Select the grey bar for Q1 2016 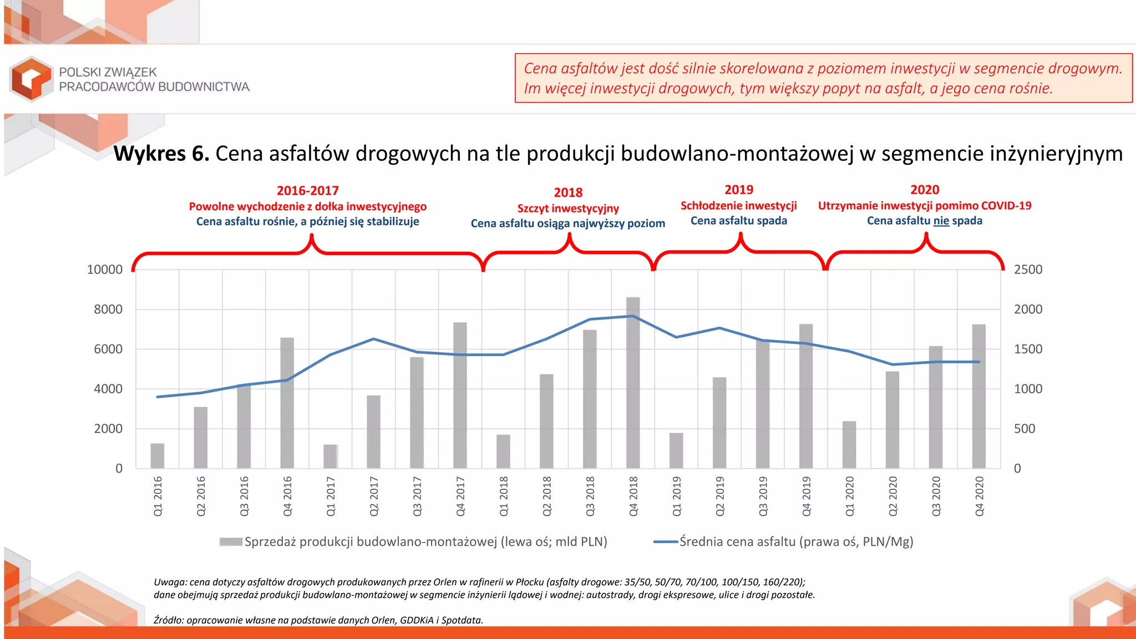tap(158, 456)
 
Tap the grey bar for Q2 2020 tap(892, 420)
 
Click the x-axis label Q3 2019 tap(763, 496)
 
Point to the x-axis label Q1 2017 tap(331, 496)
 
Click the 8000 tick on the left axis tap(108, 310)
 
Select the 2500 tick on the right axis tap(1028, 270)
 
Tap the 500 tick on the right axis tap(1024, 429)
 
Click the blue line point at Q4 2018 tap(633, 316)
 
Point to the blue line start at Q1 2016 tap(158, 397)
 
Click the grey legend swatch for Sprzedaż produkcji tap(231, 542)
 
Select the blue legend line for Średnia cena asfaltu tap(666, 542)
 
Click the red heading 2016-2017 tap(308, 191)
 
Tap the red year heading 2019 tap(739, 190)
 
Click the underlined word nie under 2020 tap(941, 221)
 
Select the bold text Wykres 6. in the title tap(161, 154)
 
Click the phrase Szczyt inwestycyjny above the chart tap(568, 209)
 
